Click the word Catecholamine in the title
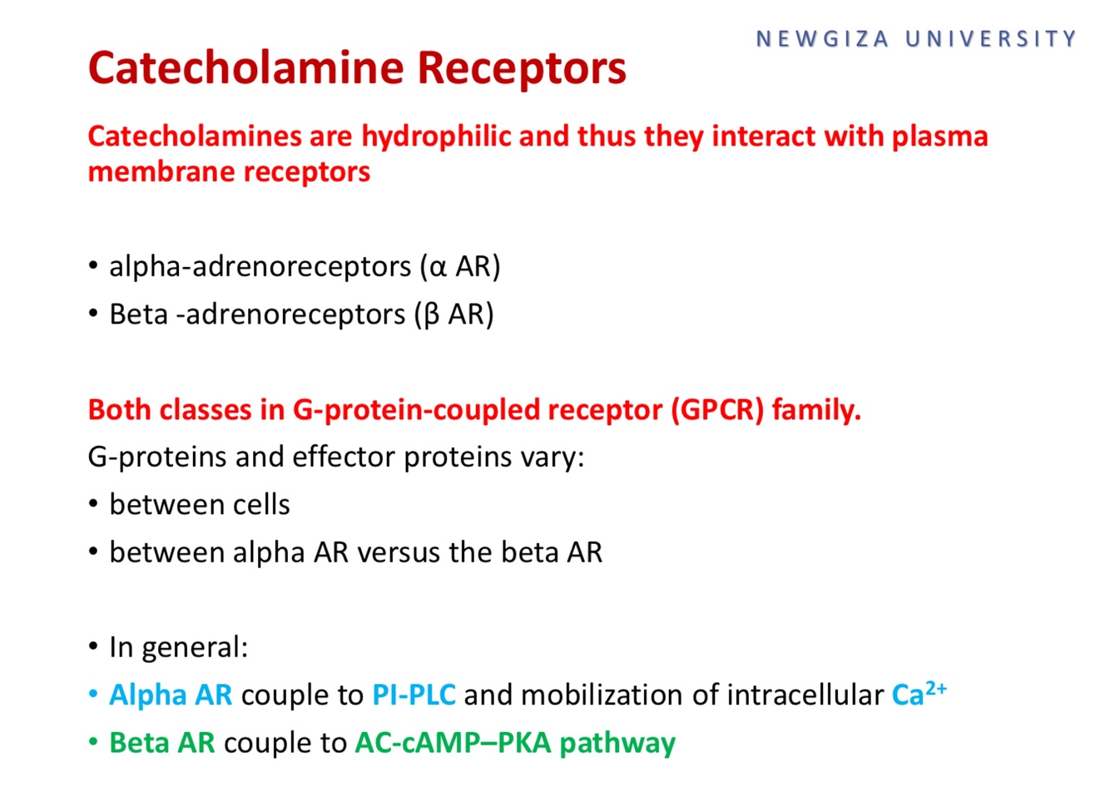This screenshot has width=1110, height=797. coord(246,68)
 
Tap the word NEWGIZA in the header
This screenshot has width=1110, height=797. coord(822,39)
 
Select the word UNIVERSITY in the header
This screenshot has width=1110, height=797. coord(991,39)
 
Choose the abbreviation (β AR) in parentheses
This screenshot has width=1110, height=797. coord(454,314)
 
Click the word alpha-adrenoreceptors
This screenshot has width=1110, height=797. coord(260,266)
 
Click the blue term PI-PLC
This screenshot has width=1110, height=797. coord(414,695)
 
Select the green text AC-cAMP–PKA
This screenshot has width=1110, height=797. coord(453,742)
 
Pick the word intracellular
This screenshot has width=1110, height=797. coord(805,695)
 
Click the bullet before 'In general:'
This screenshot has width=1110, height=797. coord(93,647)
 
